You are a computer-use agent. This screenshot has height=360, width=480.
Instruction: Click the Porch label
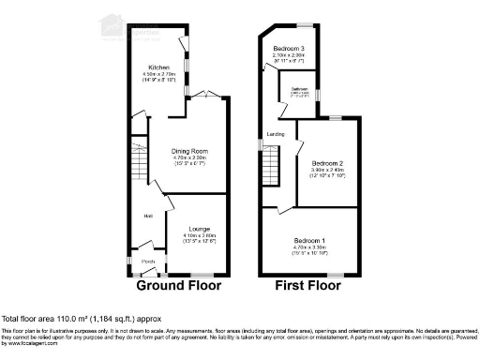pyautogui.click(x=147, y=261)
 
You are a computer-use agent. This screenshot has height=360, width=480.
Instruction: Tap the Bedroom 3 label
pyautogui.click(x=291, y=47)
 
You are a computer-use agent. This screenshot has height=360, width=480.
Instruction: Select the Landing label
pyautogui.click(x=276, y=134)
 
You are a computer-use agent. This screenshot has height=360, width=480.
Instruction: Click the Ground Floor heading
pyautogui.click(x=179, y=285)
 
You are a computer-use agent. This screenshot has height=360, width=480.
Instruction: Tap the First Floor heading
pyautogui.click(x=308, y=285)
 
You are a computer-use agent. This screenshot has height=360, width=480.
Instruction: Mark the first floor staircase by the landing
pyautogui.click(x=272, y=173)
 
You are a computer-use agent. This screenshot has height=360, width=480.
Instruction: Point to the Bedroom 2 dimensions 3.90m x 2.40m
pyautogui.click(x=330, y=170)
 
